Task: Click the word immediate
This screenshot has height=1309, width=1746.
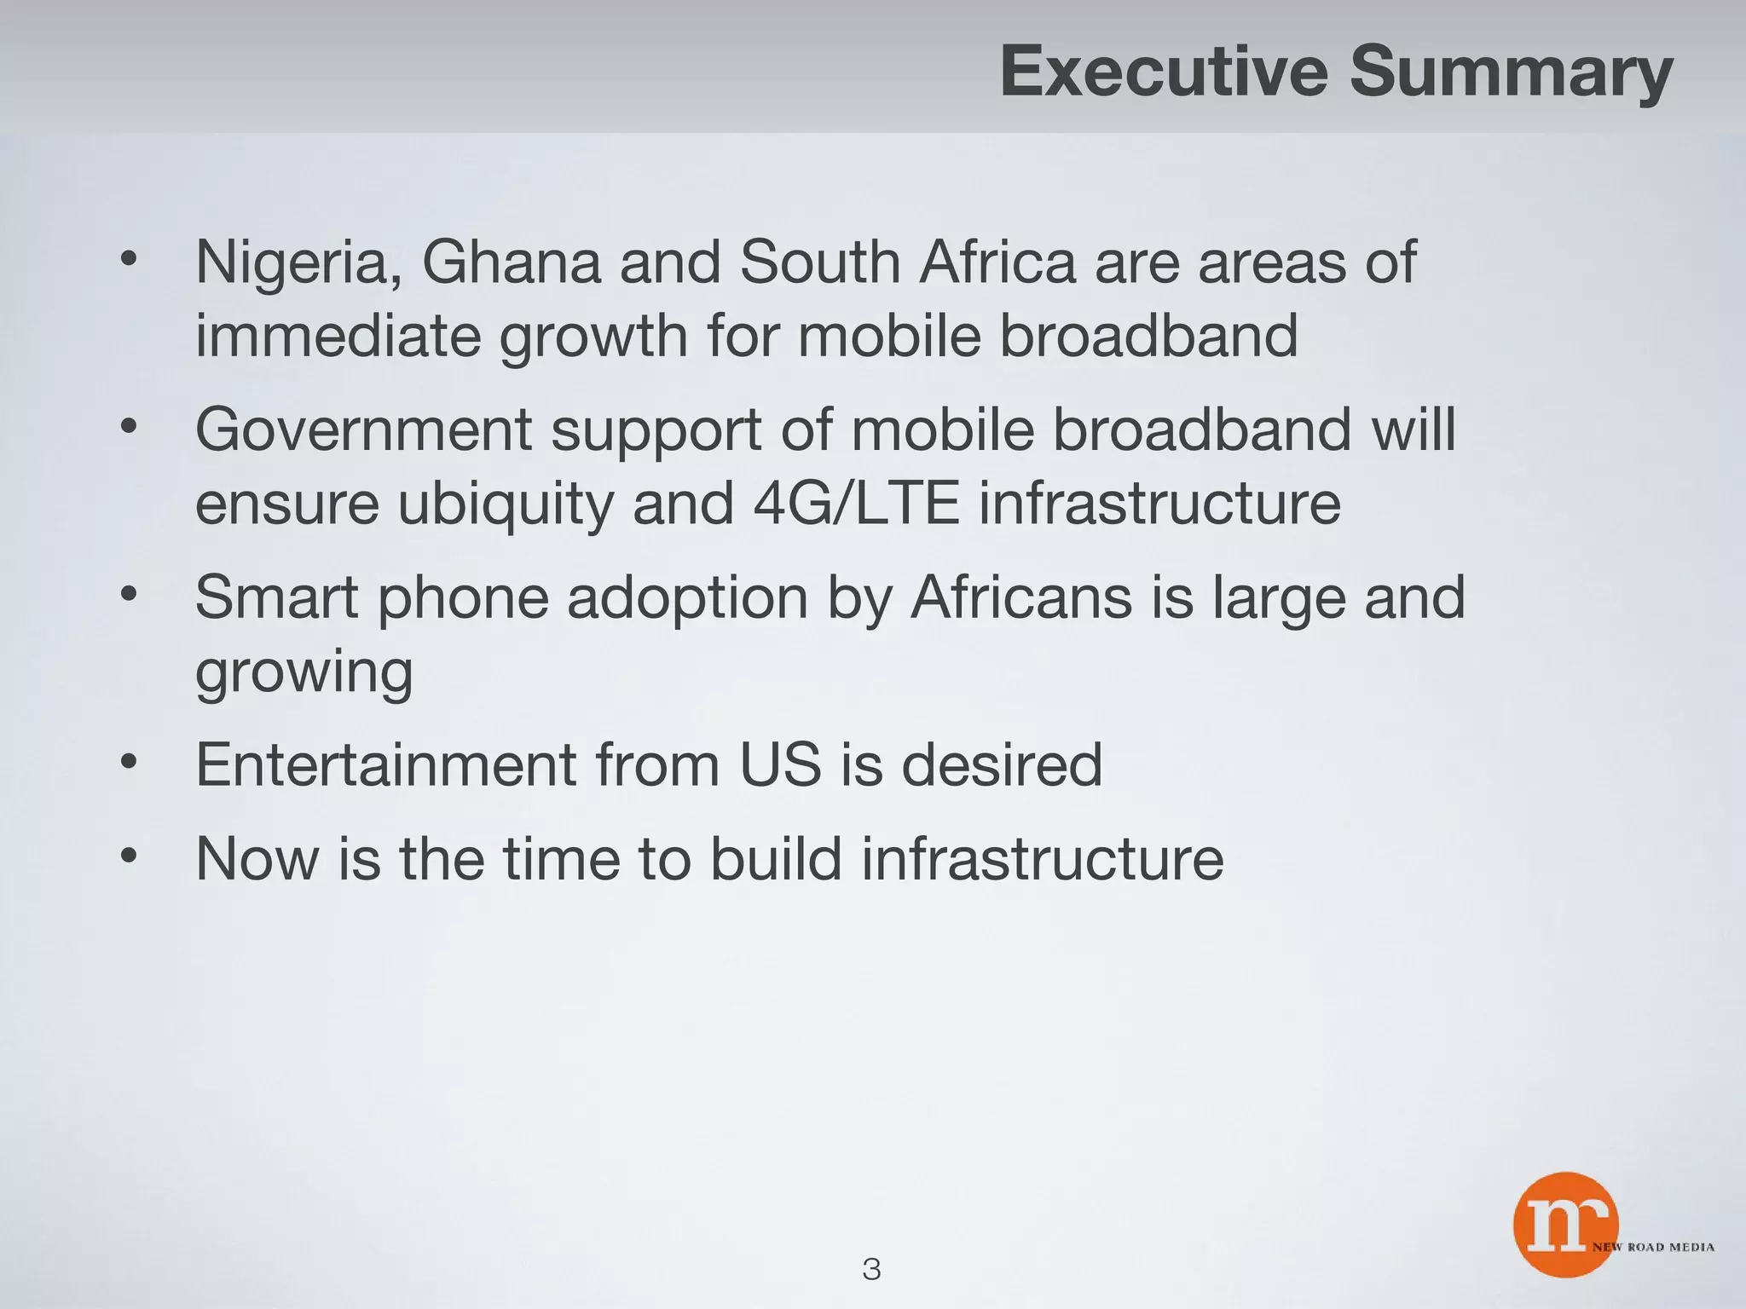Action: (338, 336)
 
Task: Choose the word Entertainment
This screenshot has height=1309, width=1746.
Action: (386, 764)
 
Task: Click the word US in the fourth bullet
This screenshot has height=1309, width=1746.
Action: (780, 764)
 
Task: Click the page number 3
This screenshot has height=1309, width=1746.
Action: (871, 1269)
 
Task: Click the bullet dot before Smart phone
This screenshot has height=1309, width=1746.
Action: (128, 594)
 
